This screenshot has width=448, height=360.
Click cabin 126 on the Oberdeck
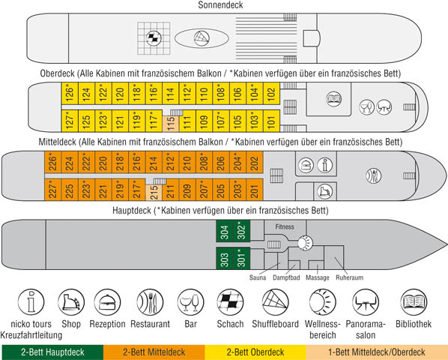[70, 93]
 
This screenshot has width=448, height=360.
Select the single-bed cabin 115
[171, 124]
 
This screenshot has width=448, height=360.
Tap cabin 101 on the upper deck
[271, 121]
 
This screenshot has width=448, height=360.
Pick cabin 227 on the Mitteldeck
[53, 190]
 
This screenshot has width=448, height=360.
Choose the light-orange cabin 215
[154, 193]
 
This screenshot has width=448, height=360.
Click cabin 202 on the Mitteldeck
[255, 162]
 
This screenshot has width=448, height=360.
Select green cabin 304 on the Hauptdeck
[225, 231]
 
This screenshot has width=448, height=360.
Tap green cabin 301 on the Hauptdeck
[242, 258]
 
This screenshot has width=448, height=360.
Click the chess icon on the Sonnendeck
[154, 38]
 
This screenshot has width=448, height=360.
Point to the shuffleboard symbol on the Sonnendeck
[202, 38]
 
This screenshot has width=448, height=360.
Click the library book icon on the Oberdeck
[333, 99]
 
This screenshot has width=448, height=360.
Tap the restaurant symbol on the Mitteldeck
[373, 175]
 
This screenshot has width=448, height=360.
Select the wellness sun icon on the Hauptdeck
[305, 243]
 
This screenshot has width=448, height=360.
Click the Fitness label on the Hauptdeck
[285, 226]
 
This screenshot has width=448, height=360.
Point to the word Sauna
[258, 277]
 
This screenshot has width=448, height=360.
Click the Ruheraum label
[349, 277]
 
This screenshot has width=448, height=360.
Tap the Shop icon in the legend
[71, 302]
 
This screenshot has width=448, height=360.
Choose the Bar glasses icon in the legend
[191, 302]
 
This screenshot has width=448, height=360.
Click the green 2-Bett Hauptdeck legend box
[52, 352]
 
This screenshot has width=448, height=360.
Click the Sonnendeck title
[220, 4]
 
